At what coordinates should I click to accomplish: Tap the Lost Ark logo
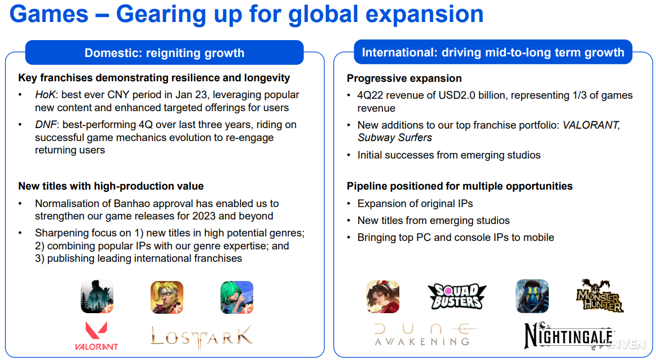(x=202, y=336)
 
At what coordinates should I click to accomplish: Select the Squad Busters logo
(x=457, y=296)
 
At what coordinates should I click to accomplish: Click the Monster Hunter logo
(x=600, y=296)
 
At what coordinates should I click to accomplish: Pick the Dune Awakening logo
(x=426, y=335)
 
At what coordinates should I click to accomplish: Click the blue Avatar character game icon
(x=532, y=296)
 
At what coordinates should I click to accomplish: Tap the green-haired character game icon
(x=237, y=297)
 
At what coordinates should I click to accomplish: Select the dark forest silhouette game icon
(x=97, y=297)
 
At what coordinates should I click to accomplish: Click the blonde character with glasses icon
(x=167, y=297)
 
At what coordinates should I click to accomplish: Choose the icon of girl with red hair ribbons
(x=382, y=297)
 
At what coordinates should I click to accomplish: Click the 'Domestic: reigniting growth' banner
(x=164, y=52)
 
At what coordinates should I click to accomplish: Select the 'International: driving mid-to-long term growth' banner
(x=493, y=52)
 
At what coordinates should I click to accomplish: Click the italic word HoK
(x=45, y=95)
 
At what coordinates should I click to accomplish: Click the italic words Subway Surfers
(x=395, y=138)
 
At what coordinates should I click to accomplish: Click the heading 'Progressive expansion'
(x=404, y=78)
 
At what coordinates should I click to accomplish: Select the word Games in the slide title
(x=49, y=14)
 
